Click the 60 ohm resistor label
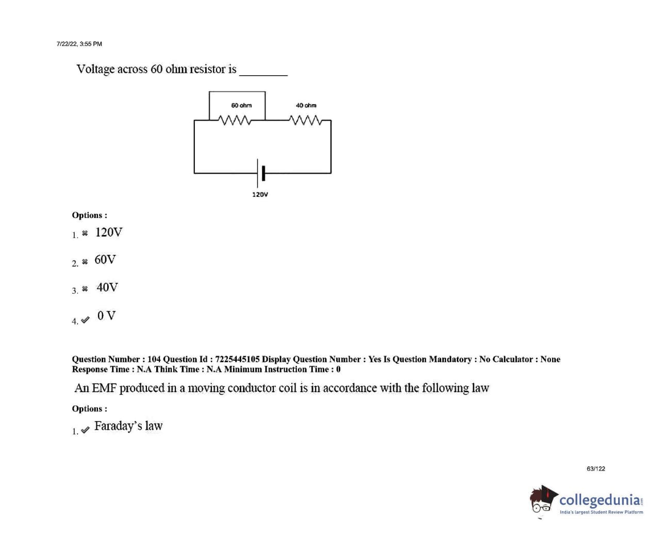(x=241, y=106)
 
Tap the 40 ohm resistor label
(x=306, y=106)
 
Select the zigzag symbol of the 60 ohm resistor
(x=235, y=120)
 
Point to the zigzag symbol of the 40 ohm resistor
(x=306, y=120)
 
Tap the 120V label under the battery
(x=260, y=195)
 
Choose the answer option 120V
(x=109, y=232)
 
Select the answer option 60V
(x=105, y=260)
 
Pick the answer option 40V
(x=107, y=288)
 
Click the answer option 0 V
(x=106, y=315)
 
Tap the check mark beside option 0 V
(x=85, y=319)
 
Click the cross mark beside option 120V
(x=85, y=233)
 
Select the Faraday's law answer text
(x=128, y=426)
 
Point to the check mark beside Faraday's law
(x=85, y=430)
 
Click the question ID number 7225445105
(x=237, y=359)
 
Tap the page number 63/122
(x=595, y=469)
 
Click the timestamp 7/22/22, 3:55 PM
(x=79, y=44)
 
